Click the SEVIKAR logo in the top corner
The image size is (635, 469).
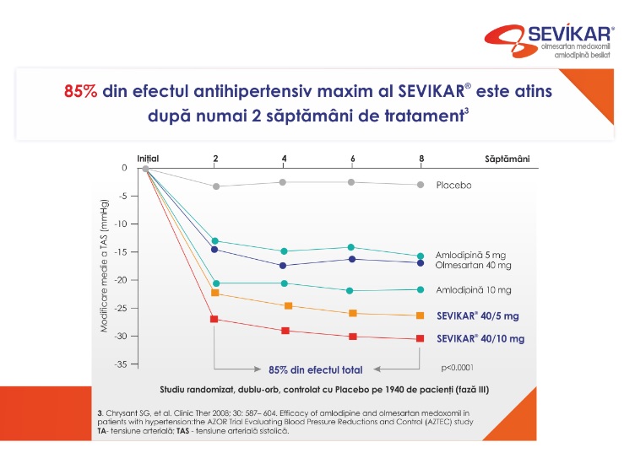point(550,40)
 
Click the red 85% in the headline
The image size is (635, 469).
point(80,91)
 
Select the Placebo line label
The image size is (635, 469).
point(453,186)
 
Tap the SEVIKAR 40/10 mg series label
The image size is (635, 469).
point(480,338)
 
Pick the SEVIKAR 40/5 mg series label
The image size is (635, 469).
point(477,315)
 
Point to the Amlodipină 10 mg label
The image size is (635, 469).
point(474,289)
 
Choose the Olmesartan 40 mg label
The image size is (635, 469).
point(473,265)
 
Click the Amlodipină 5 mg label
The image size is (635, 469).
point(470,255)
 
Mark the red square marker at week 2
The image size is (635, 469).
point(214,319)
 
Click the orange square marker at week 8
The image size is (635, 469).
point(420,315)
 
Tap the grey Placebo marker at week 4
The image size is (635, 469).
point(283,182)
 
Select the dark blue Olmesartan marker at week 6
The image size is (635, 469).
point(352,259)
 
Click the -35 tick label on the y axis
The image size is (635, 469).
point(120,364)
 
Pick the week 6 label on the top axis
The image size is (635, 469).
point(353,159)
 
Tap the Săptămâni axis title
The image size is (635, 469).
point(507,159)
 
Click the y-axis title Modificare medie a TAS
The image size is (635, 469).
point(105,266)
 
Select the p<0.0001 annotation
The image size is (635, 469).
point(457,368)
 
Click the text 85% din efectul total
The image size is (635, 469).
point(316,369)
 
